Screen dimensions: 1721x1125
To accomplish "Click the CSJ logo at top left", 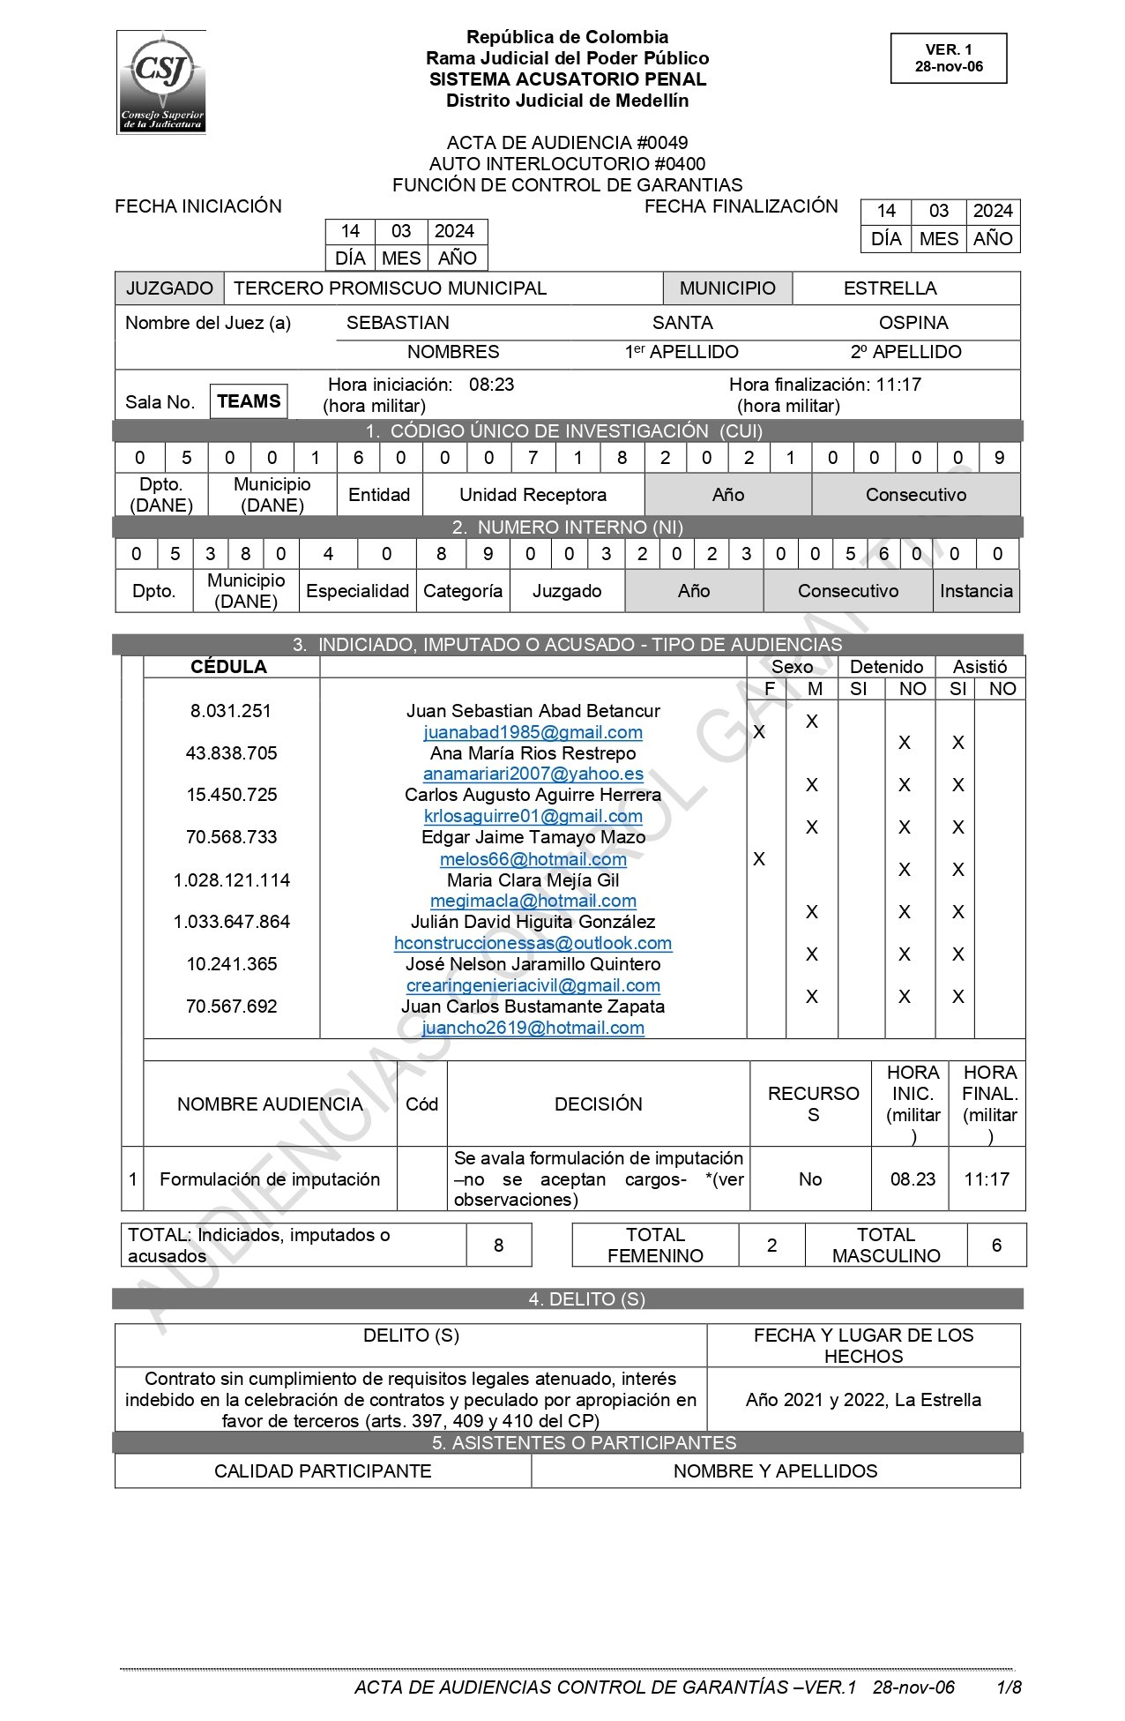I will (161, 82).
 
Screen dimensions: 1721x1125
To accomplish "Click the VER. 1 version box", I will (949, 58).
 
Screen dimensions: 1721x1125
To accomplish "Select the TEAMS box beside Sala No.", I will (249, 401).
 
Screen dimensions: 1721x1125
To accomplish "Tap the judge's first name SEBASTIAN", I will (398, 323).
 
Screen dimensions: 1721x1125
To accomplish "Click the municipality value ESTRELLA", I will (890, 288).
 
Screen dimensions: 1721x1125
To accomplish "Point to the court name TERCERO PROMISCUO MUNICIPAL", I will (390, 288).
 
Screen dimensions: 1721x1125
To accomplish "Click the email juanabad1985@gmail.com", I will (533, 732).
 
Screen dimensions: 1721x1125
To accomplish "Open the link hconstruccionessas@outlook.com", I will (533, 943).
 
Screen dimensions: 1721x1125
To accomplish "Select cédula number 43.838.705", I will (231, 753).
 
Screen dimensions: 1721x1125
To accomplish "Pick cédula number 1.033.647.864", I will (231, 922).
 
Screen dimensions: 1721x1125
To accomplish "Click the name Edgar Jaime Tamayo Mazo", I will (533, 837).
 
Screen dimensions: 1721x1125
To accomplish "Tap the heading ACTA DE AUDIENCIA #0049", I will (567, 143).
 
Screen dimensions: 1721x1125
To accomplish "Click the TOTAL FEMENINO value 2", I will (771, 1245).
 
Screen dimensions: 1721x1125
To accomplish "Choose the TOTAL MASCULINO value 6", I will (996, 1245).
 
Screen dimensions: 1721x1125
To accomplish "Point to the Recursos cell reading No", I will (810, 1179).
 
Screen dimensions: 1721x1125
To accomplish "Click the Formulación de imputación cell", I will (270, 1179).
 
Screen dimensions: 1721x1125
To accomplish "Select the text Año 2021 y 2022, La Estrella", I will (863, 1400).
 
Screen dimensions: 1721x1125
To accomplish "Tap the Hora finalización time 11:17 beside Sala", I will (898, 385).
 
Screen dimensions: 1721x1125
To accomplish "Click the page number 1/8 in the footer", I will (1009, 1687).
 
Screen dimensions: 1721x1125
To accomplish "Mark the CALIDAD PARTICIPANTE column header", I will (323, 1471).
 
